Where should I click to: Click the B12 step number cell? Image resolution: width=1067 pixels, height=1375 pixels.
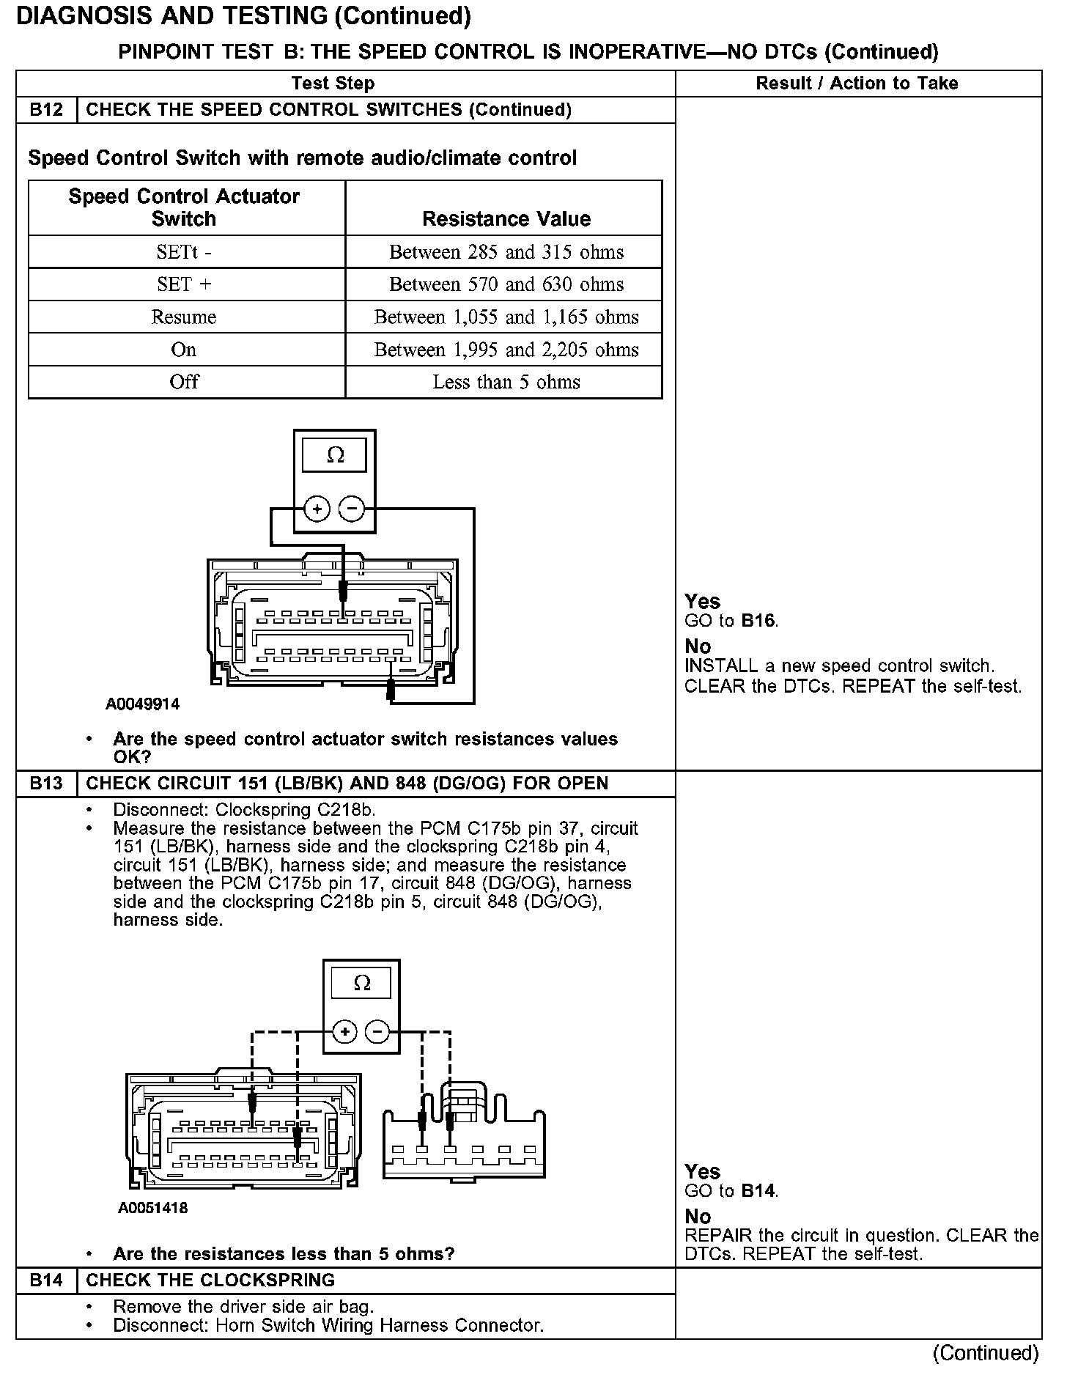[46, 110]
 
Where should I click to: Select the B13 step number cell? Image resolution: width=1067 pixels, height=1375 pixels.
[46, 784]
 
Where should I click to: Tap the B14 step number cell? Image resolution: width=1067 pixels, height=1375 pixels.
[46, 1280]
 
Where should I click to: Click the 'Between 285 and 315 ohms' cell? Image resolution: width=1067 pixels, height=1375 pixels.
[506, 252]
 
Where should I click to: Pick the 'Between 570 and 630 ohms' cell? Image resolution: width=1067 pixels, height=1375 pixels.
[506, 284]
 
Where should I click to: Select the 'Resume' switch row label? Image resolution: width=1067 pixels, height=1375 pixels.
[184, 317]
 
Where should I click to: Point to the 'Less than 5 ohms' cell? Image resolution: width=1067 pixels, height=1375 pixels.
[506, 382]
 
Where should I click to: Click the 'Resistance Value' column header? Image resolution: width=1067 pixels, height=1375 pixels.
[506, 218]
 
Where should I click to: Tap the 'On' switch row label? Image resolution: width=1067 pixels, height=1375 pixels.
[184, 350]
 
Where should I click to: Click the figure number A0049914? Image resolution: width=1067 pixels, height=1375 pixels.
[142, 704]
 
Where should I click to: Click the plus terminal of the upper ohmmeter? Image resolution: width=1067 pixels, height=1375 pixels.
[317, 509]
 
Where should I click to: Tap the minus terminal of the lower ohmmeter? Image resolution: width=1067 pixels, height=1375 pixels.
[378, 1032]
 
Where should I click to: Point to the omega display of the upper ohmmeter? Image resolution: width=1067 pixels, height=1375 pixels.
[335, 455]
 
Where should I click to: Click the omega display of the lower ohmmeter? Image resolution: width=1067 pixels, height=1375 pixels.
[362, 983]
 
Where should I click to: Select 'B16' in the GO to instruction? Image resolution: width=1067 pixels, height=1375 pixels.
[758, 621]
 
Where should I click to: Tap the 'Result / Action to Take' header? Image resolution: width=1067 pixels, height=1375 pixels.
[857, 84]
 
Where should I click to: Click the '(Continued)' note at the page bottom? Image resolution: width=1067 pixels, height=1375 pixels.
[986, 1353]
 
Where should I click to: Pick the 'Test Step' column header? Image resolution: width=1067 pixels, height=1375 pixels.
[333, 84]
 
